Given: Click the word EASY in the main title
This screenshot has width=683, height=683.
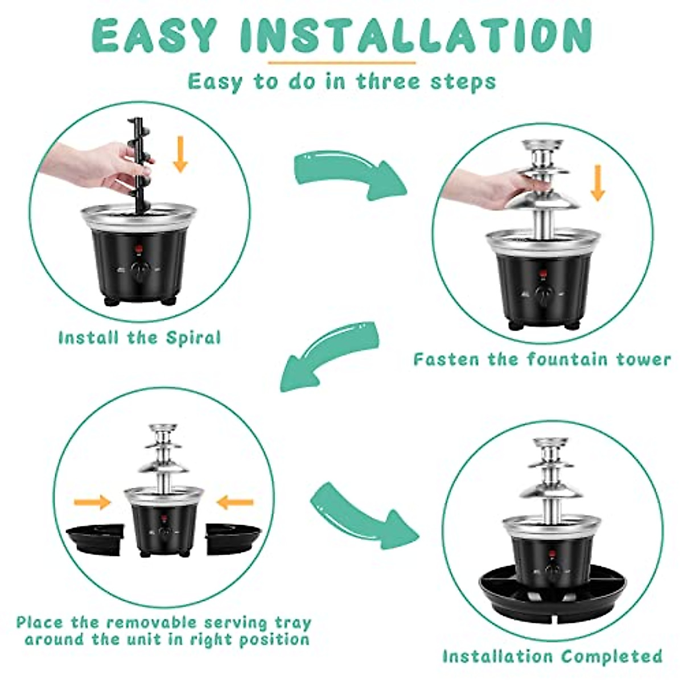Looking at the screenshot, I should click(154, 36).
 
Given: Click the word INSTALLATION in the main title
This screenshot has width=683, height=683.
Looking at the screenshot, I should click(416, 36).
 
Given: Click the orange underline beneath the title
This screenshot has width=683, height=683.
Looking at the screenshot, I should click(341, 62).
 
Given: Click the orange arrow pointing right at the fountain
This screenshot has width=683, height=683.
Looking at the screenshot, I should click(92, 502).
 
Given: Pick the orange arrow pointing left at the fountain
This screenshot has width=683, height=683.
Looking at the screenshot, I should click(235, 502).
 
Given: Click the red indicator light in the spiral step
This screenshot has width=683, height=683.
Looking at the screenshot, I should click(138, 249).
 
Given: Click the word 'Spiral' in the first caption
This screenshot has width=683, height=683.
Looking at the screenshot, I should click(193, 338).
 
